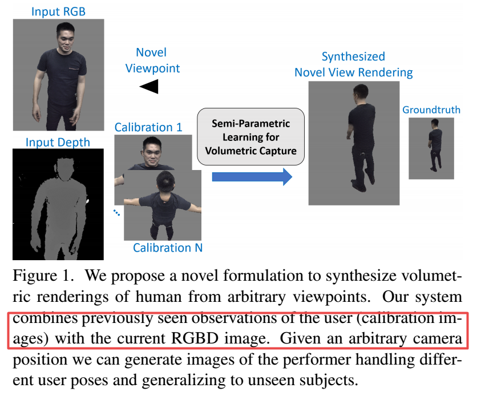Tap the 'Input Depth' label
pos(58,142)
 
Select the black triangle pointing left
pos(149,86)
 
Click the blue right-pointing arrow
pos(252,177)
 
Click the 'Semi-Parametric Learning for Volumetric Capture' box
pos(252,137)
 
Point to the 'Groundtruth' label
pos(431,110)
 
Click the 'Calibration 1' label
pos(148,127)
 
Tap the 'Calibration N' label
pos(168,248)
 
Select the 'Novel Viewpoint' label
pos(152,60)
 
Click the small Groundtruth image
pos(431,148)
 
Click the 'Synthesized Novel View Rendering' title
pos(353,64)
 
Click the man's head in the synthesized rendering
pos(361,93)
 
